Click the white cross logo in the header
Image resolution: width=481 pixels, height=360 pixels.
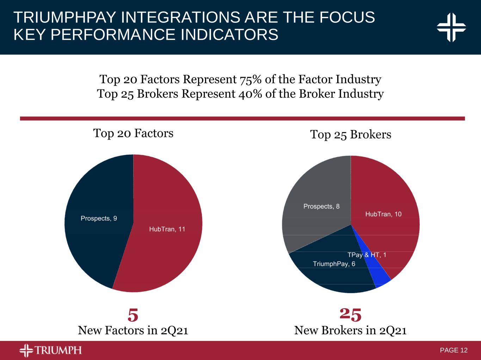pos(451,27)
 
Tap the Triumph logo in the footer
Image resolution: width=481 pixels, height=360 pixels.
pos(50,350)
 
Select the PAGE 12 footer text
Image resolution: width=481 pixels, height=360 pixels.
pos(454,350)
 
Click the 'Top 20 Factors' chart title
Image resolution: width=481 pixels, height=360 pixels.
pos(133,133)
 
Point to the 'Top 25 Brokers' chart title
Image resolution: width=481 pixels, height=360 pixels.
pos(350,134)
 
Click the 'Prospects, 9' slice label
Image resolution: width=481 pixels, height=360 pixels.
pos(99,218)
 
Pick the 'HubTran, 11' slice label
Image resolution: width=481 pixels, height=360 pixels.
pos(167,229)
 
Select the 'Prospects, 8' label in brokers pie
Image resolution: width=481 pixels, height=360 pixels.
pos(321,206)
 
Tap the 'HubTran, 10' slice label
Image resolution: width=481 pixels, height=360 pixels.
pos(383,214)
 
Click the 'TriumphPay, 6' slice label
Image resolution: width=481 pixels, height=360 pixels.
pos(334,264)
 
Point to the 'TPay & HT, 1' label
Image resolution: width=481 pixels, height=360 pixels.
pos(366,255)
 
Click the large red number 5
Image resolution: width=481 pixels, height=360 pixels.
pos(133,315)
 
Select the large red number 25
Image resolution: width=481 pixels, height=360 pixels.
pos(351,314)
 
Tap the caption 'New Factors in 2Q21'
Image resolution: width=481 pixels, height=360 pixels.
pos(133,330)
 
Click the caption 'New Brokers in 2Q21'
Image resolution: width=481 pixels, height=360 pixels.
pos(350,330)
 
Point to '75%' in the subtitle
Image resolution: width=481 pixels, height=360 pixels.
pos(251,80)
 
